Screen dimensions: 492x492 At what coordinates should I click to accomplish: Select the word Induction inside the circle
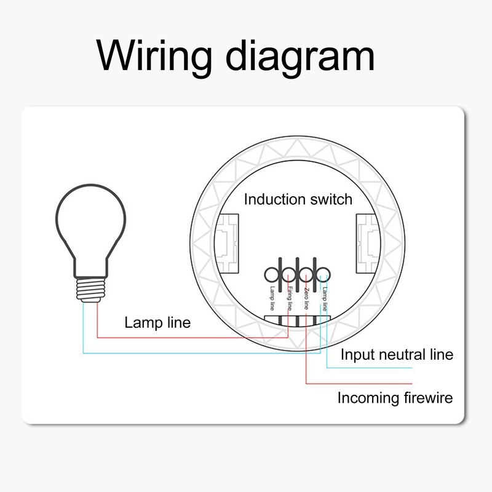pyautogui.click(x=274, y=199)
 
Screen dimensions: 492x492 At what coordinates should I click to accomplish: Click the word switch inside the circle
pyautogui.click(x=330, y=199)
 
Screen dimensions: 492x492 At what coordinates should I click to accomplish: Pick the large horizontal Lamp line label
pyautogui.click(x=157, y=322)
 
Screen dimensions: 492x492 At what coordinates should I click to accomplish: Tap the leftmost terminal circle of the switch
pyautogui.click(x=273, y=272)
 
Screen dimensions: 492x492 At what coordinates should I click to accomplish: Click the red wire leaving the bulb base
pyautogui.click(x=97, y=320)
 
